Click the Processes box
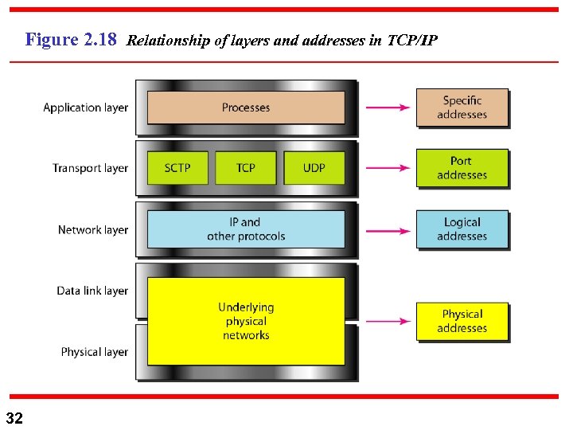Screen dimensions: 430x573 pos(246,107)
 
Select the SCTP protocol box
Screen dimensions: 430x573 pos(177,168)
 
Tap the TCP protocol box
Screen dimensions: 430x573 pos(246,168)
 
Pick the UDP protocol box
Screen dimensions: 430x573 pos(314,168)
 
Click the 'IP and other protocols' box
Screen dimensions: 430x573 pos(246,229)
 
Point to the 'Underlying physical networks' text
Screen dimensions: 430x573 pos(246,321)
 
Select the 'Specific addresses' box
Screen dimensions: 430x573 pos(462,107)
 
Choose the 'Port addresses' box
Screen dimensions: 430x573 pos(462,168)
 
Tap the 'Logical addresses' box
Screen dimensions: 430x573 pos(462,229)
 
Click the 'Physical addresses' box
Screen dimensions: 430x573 pos(462,321)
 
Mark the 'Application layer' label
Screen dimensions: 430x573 pos(85,107)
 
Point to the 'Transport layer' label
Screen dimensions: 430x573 pos(90,168)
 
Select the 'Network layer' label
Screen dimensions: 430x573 pos(92,230)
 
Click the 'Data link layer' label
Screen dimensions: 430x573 pos(92,291)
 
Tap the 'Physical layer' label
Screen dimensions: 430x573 pos(94,352)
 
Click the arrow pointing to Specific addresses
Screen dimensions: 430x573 pos(388,107)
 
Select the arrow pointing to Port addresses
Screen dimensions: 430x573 pos(388,168)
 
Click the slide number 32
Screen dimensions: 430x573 pos(14,418)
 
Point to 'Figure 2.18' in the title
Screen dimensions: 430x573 pos(72,39)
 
